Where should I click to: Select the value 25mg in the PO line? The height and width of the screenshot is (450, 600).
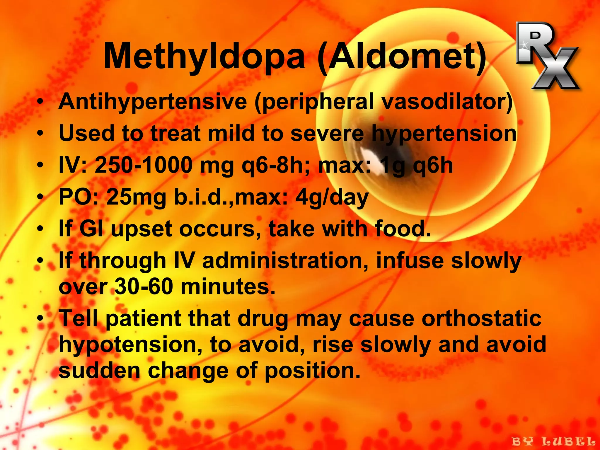point(136,197)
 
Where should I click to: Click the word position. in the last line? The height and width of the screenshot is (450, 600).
point(312,371)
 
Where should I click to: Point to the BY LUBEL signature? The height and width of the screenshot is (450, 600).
point(553,441)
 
